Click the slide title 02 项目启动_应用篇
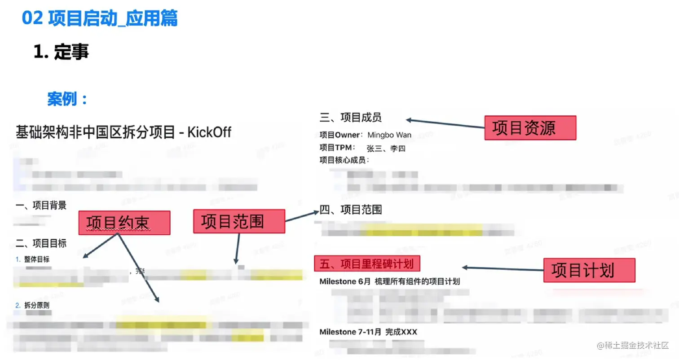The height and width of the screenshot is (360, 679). [x=100, y=19]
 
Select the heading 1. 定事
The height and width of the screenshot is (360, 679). [x=61, y=53]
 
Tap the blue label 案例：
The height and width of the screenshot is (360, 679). [x=67, y=99]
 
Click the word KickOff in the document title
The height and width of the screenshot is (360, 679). [x=209, y=132]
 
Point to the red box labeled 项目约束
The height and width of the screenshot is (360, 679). [x=124, y=223]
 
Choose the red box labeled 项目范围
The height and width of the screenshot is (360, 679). [x=239, y=221]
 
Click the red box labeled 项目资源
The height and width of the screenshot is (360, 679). [x=530, y=128]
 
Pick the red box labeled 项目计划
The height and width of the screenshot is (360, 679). [x=589, y=270]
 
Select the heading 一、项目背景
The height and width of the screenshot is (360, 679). [x=41, y=206]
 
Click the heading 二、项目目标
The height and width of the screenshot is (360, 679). [x=41, y=243]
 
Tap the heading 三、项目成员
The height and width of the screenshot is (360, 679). [x=351, y=118]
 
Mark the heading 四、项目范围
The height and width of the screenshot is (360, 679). [x=351, y=210]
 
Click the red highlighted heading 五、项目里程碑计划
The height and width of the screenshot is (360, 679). [x=367, y=264]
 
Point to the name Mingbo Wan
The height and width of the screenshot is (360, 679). [x=389, y=135]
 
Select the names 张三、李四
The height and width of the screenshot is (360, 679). [x=386, y=149]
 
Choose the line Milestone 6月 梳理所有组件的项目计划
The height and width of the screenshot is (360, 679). [x=389, y=282]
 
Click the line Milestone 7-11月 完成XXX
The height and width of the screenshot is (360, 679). [x=368, y=332]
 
